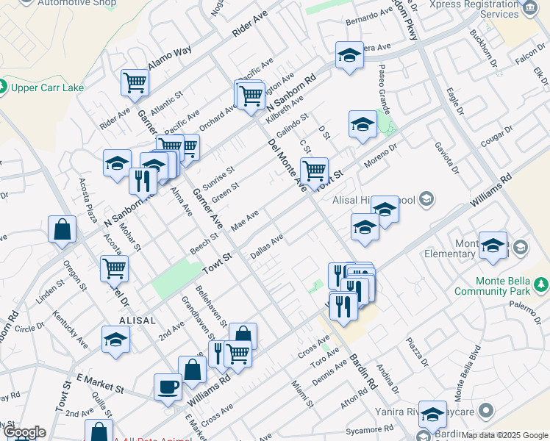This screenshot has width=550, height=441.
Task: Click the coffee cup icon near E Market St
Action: click(168, 386)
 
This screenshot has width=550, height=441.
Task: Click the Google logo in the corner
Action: click(24, 432)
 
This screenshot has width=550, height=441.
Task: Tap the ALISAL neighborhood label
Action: click(137, 320)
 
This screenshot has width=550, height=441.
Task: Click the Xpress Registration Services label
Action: click(483, 9)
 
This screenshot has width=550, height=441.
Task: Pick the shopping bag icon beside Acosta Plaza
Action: click(62, 229)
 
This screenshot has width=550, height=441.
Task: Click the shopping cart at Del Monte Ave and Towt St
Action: click(314, 171)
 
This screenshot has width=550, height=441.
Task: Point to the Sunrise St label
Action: click(218, 176)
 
